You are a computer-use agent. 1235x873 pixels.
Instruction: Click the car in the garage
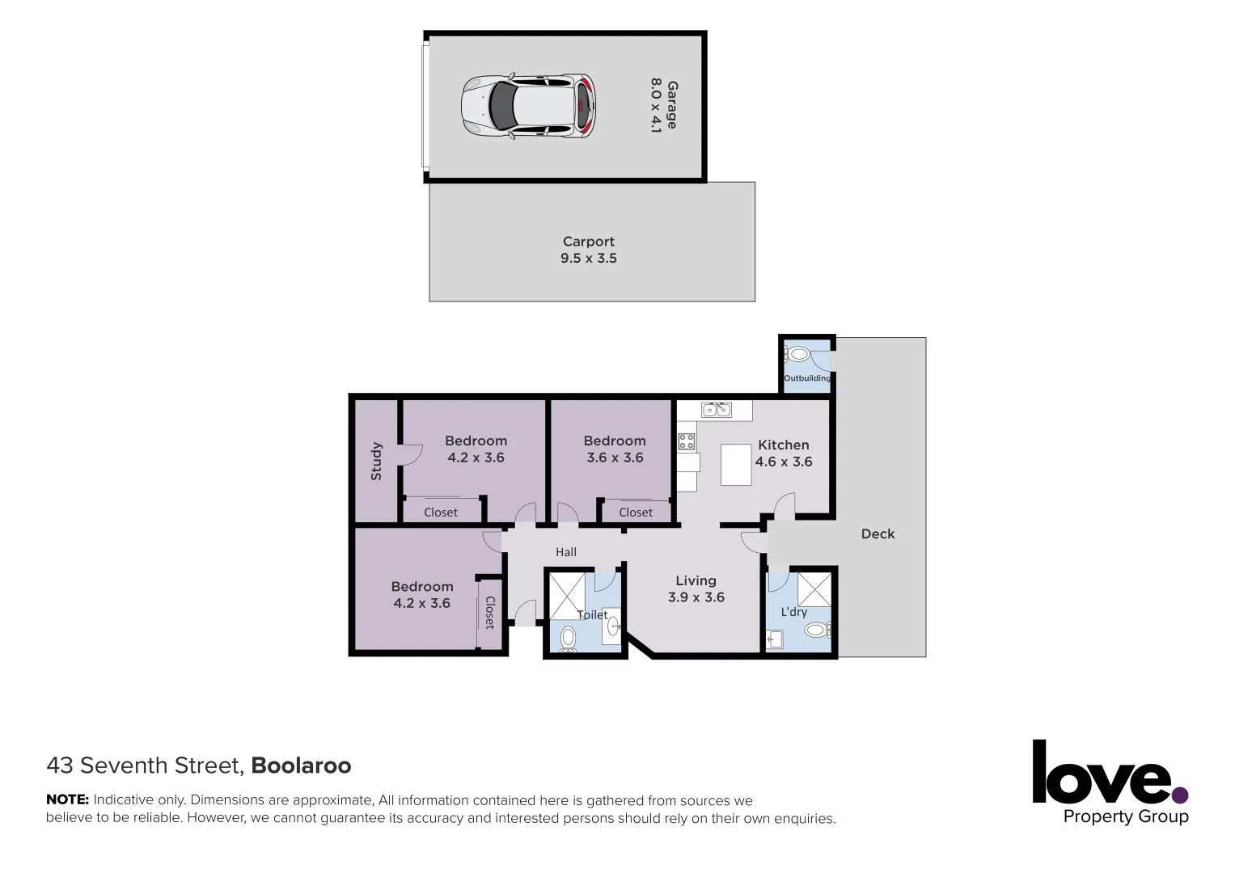point(528,106)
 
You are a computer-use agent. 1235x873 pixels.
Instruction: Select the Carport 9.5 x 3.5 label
point(588,250)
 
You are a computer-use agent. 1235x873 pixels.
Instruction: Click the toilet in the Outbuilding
point(799,354)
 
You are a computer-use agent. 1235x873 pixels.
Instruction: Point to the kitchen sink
point(716,410)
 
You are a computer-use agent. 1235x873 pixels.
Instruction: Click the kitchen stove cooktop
point(687,441)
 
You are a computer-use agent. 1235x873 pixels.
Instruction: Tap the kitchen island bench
point(736,464)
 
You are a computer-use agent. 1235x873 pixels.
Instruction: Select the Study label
point(376,461)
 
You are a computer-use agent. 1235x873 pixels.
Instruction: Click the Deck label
point(878,533)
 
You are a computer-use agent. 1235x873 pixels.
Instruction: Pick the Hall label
point(566,552)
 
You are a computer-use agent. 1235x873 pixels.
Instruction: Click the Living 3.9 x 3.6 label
point(696,588)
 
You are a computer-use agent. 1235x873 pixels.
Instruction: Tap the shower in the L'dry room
point(814,588)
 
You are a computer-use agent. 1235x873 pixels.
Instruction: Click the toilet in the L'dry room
point(817,630)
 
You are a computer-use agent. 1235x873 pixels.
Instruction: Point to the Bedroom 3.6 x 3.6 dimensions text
point(615,458)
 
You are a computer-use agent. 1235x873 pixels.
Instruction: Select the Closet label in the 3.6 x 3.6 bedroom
point(636,512)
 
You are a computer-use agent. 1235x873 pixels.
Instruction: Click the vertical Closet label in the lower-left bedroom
point(489,612)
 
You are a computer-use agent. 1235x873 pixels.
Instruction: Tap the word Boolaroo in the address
point(301,765)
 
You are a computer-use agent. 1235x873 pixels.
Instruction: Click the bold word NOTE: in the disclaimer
point(67,800)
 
